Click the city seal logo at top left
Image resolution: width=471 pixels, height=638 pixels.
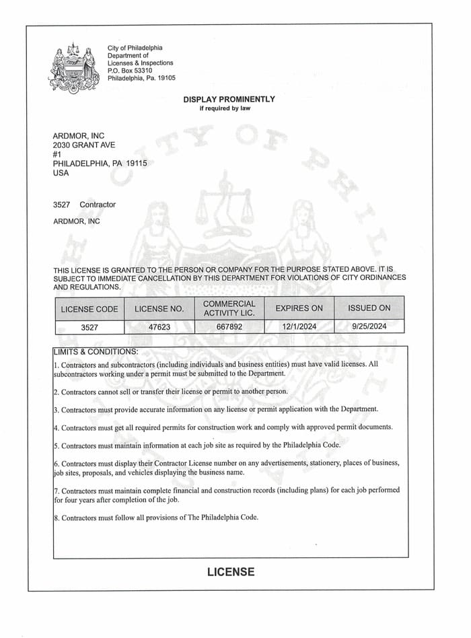point(73,67)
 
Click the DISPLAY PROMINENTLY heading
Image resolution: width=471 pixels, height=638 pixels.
point(229,99)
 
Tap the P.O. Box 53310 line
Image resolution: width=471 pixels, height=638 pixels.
point(130,70)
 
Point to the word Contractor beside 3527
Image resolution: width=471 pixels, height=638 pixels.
point(98,205)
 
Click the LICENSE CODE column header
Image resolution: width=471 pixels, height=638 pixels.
point(89,309)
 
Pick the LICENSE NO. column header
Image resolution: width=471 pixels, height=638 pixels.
point(159,309)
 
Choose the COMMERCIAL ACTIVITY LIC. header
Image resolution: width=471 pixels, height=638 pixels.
point(229,308)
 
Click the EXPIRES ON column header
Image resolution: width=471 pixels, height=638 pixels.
point(299,309)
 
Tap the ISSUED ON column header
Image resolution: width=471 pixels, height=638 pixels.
point(369,308)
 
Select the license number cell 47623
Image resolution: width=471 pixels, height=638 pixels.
point(159,327)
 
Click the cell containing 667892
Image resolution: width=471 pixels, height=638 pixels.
point(229,327)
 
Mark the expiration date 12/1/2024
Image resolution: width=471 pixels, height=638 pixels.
point(299,327)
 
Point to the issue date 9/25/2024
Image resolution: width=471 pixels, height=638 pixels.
point(369,327)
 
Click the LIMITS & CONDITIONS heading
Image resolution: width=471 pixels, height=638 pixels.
point(96,351)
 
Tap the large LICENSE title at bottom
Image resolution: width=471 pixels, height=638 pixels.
point(231,572)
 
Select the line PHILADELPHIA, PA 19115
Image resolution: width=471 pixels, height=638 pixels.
point(100,164)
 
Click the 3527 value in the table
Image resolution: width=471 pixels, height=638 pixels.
point(89,327)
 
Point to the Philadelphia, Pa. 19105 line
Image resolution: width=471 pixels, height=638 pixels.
point(141,78)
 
